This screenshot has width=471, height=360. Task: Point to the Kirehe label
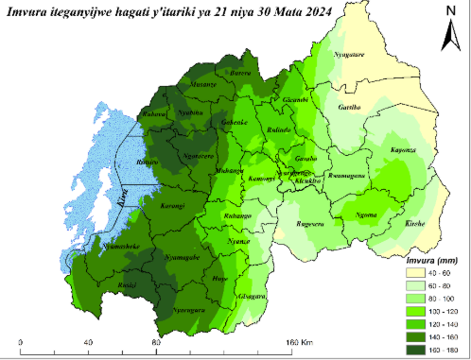click(x=415, y=224)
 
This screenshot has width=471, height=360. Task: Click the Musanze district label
click(x=204, y=84)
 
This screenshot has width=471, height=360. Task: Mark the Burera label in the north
click(x=241, y=73)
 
